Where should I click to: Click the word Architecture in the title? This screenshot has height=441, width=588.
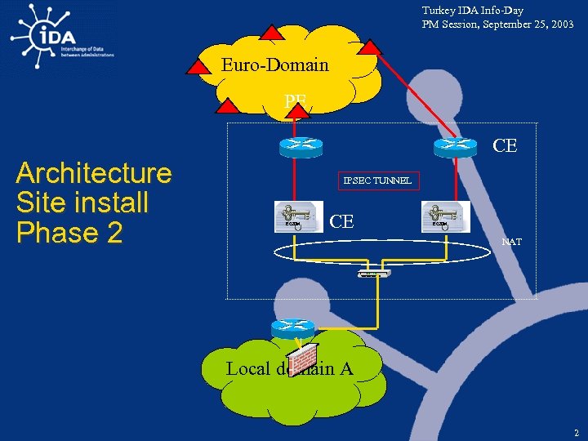94,173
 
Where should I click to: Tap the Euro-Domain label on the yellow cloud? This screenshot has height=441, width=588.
274,65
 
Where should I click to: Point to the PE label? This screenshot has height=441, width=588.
295,100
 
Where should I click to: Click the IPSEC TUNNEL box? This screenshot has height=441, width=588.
377,180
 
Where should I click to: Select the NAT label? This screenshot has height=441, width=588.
512,242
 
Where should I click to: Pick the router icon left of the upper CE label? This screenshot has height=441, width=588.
455,145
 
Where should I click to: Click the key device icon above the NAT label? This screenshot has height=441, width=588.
445,216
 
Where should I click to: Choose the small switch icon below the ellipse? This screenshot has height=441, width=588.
374,274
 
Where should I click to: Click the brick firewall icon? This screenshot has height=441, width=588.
304,357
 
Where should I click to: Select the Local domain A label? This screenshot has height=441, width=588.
289,369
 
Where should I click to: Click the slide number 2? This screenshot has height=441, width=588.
575,431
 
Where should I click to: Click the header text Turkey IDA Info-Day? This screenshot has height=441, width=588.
472,11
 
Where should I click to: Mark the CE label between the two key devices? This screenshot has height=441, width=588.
341,221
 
